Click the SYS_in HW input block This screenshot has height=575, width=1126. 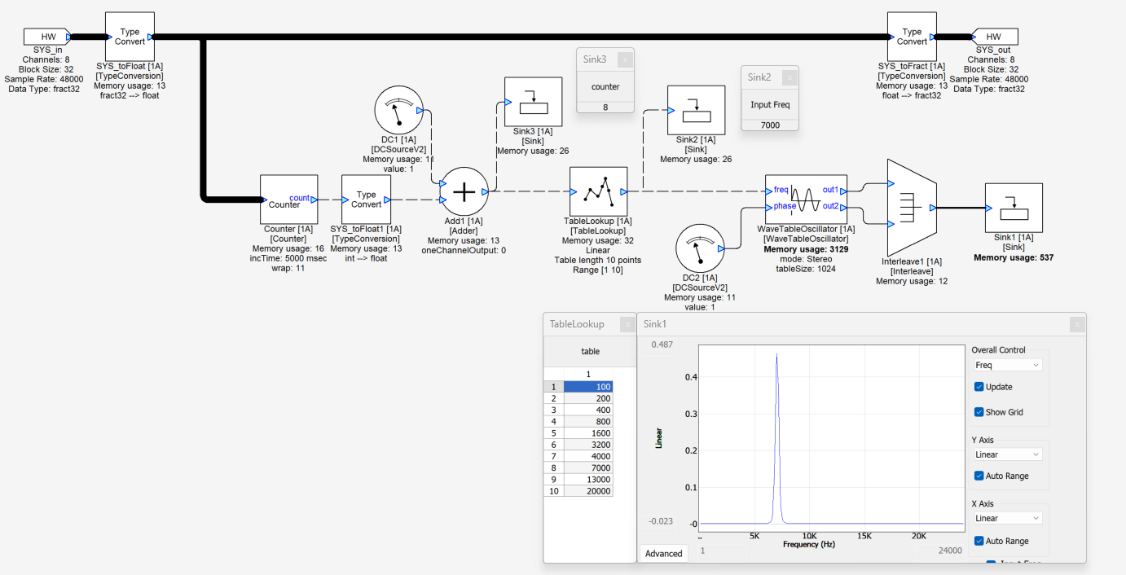point(47,37)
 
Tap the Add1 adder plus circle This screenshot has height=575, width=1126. point(464,191)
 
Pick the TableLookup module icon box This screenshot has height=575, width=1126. point(598,191)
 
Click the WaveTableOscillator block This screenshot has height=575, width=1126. point(806,199)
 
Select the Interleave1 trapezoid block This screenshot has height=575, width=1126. point(911,208)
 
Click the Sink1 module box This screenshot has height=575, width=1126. point(1014,208)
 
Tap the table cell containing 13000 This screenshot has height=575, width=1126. point(588,480)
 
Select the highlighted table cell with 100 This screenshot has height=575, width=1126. point(588,387)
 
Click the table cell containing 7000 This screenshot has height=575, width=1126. point(588,467)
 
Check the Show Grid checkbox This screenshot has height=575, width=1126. point(979,412)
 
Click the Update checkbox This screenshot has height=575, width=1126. point(979,387)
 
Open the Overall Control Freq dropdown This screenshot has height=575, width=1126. point(1008,366)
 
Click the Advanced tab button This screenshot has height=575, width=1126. point(663,554)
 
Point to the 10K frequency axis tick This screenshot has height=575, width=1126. point(809,536)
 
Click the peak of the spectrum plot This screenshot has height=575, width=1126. point(776,355)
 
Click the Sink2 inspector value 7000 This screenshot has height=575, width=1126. point(770,125)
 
